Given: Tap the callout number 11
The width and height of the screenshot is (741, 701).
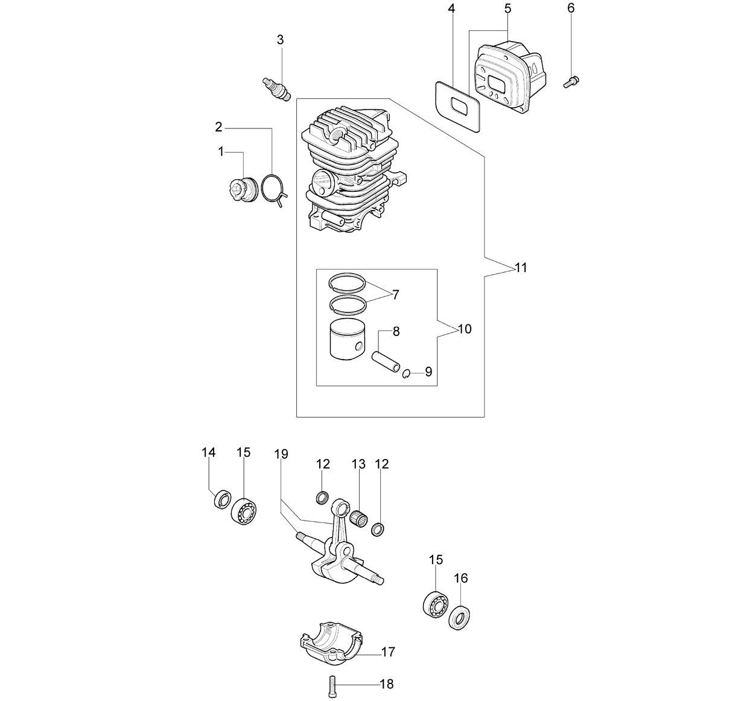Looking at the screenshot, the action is pos(521,268).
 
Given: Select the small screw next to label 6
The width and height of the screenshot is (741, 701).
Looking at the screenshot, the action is pos(571,81).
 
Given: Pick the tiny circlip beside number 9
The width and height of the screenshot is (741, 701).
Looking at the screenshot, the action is pos(406,373).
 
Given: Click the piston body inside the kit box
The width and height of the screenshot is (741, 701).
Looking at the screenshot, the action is pos(347,339).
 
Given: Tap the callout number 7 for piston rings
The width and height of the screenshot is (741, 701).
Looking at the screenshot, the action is pos(395,295).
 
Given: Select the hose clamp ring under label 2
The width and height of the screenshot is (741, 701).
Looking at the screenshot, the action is pos(276,191).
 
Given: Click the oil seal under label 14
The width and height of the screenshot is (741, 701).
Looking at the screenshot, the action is pos(223,499).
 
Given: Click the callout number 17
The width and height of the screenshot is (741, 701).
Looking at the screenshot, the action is pos(388,652).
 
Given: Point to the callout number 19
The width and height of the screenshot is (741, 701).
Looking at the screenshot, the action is pos(281,454).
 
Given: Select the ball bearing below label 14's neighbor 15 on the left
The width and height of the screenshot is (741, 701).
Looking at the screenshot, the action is pos(244,511).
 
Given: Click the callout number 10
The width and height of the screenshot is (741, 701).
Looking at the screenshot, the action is pos(465,329).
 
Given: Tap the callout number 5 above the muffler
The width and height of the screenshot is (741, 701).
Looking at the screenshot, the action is pos(507,8).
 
